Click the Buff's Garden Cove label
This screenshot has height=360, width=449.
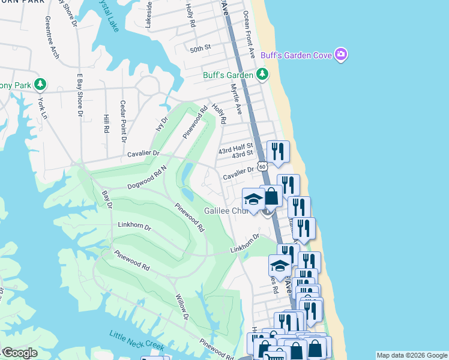click(297, 56)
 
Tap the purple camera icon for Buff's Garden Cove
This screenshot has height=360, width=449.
click(341, 55)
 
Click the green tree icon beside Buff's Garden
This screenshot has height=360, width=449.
click(262, 74)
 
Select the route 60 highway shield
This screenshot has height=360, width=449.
click(262, 165)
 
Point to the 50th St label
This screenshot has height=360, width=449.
click(200, 47)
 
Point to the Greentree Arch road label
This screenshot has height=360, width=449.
click(51, 37)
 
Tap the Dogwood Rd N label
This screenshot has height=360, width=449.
click(146, 178)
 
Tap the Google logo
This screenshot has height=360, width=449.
click(20, 353)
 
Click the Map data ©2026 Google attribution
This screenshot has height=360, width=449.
click(412, 355)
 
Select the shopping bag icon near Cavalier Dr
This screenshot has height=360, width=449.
click(271, 196)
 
